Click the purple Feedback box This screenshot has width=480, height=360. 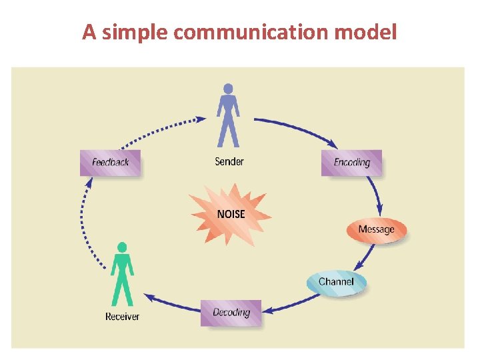pos(110,162)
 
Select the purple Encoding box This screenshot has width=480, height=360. pos(351,162)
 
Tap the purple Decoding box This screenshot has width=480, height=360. pos(231,312)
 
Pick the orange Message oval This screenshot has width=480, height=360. pos(376,229)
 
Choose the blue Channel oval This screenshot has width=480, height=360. pos(336,282)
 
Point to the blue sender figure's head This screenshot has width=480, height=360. pos(228,88)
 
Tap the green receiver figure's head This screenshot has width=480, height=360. pos(121,247)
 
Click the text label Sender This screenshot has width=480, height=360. pos(229,161)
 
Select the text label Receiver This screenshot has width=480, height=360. pos(123,316)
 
